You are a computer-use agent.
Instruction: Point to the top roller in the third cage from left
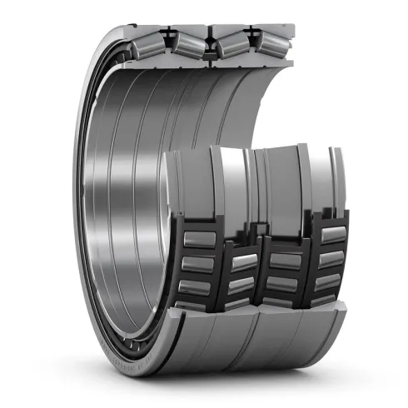coord(283,261)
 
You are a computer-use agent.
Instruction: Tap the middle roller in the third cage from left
coord(283,282)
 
